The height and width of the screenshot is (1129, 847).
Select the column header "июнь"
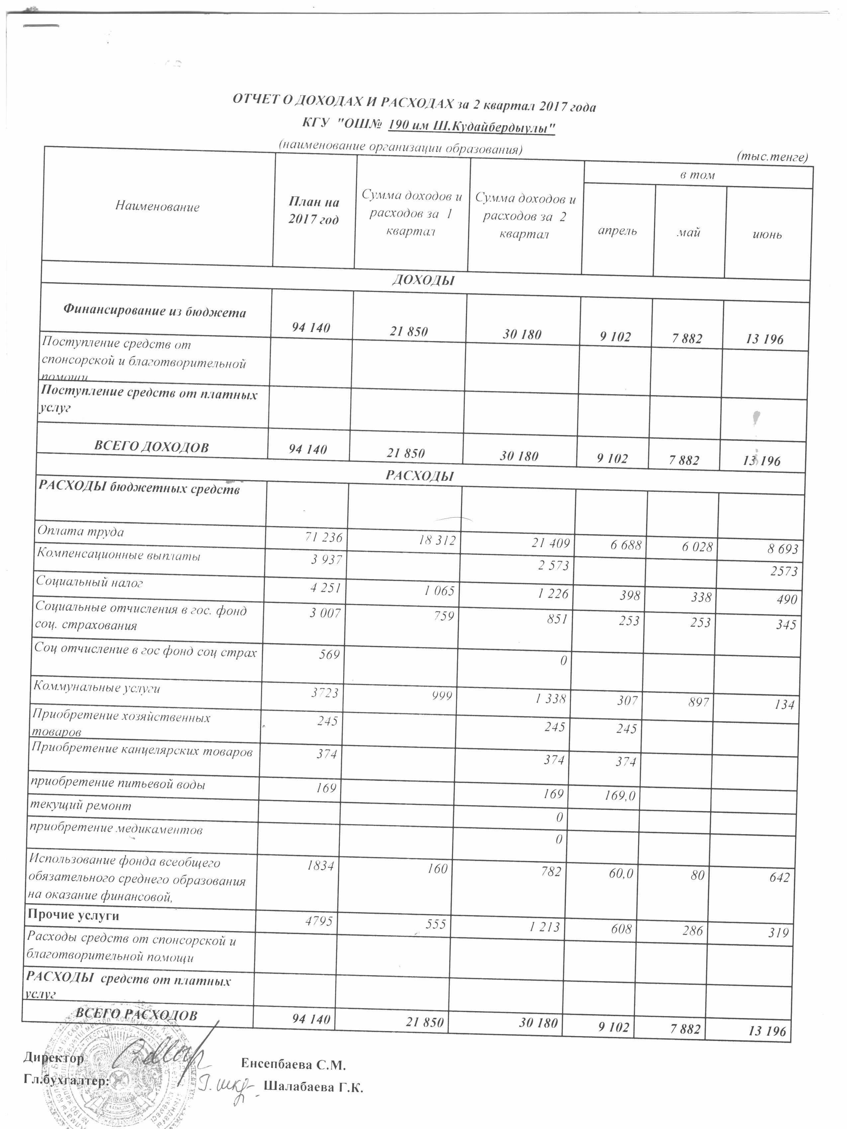click(x=767, y=235)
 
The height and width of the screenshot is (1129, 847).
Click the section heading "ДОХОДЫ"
click(x=423, y=280)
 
